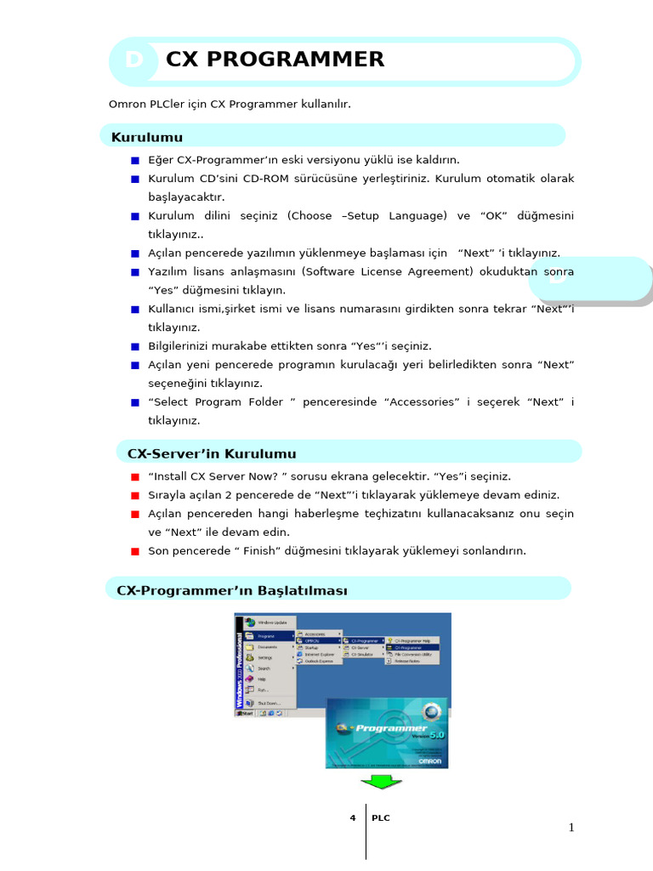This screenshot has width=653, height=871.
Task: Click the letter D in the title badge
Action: click(133, 60)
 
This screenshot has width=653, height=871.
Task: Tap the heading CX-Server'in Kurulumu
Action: click(212, 453)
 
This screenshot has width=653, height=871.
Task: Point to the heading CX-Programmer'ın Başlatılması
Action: click(232, 590)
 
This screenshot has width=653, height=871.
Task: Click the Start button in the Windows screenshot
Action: click(246, 714)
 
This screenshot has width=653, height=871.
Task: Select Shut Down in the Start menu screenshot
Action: click(268, 703)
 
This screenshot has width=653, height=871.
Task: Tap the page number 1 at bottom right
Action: click(572, 828)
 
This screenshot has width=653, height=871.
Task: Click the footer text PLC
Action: click(381, 818)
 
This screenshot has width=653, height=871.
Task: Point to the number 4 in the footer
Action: click(352, 818)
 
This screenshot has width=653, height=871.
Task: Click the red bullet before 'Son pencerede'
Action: click(134, 551)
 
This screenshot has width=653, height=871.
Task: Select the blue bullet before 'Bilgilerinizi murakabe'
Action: click(134, 346)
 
